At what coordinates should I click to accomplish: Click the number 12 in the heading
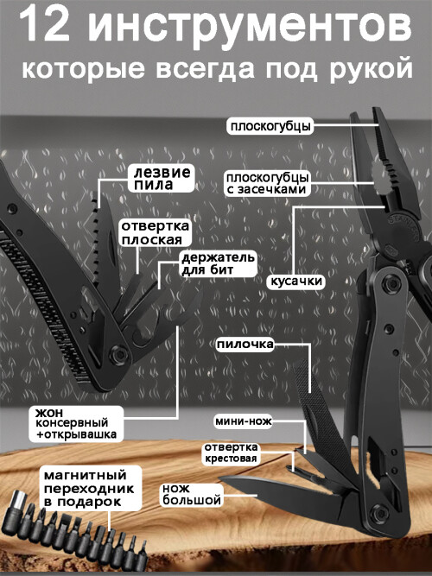point(44,27)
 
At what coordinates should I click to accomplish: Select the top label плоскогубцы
point(270,126)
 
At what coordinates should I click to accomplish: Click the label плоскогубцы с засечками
point(267,183)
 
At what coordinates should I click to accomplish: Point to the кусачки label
point(296,282)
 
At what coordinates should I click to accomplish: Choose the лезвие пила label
point(162,178)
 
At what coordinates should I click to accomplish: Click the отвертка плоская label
point(156,232)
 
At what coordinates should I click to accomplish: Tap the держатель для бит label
point(218,263)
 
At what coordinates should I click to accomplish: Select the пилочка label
point(245,345)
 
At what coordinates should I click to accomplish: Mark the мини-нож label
point(244,421)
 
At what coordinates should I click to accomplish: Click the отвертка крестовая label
point(231,453)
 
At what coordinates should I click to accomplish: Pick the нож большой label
point(192,495)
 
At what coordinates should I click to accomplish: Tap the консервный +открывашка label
point(76,423)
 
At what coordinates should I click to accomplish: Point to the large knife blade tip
point(219,478)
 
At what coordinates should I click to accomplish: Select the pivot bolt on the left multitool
point(118,355)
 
